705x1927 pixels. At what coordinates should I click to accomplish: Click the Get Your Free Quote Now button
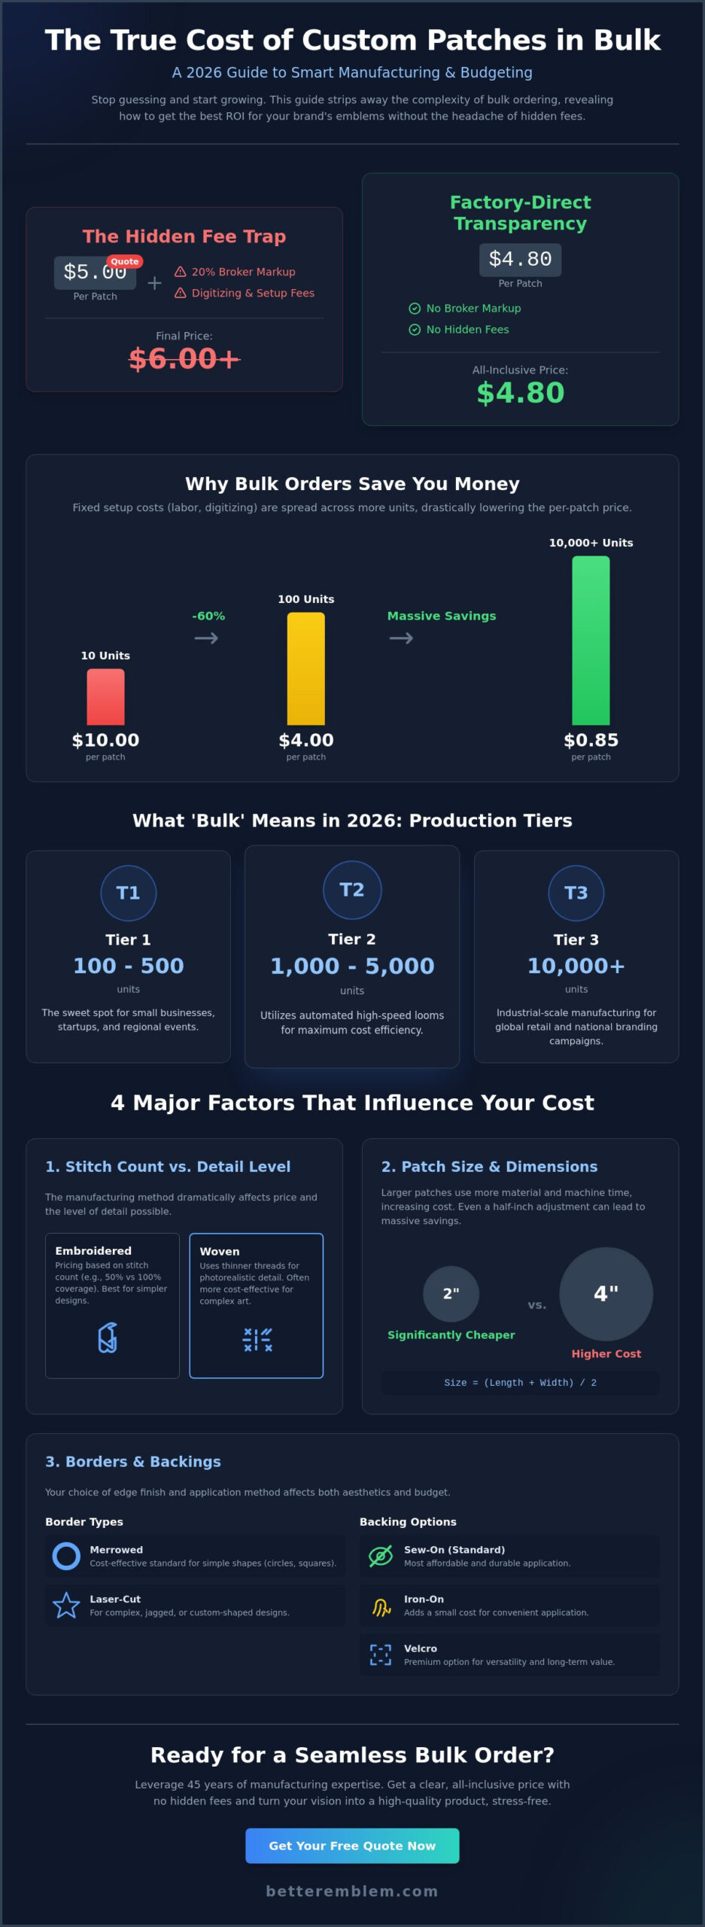(352, 1845)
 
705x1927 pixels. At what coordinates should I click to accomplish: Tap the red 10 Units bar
(105, 696)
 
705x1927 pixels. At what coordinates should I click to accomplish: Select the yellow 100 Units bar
(305, 668)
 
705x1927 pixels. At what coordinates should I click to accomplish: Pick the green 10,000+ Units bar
(591, 640)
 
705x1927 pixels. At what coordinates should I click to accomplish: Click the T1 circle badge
(129, 893)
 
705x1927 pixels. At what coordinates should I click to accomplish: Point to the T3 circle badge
(576, 893)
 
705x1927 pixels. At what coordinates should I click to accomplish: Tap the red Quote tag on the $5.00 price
(125, 261)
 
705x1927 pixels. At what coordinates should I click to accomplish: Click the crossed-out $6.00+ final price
(184, 359)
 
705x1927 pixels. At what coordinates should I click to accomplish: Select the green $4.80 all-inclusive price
(520, 392)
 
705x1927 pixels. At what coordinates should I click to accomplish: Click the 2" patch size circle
(451, 1293)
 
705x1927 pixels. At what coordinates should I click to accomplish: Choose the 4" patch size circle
(606, 1293)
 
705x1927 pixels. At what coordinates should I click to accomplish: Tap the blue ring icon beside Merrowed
(66, 1556)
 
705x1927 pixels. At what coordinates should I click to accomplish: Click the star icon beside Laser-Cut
(66, 1605)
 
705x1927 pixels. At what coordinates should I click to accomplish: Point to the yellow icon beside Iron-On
(381, 1606)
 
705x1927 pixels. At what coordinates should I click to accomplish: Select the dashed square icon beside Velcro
(381, 1655)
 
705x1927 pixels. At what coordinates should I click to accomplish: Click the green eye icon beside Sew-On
(381, 1556)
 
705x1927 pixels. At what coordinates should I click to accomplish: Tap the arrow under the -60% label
(206, 638)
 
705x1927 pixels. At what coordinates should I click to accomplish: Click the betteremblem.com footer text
(352, 1891)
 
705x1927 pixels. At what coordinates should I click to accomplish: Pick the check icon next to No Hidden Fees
(415, 330)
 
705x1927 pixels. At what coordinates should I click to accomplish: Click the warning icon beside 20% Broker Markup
(181, 272)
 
